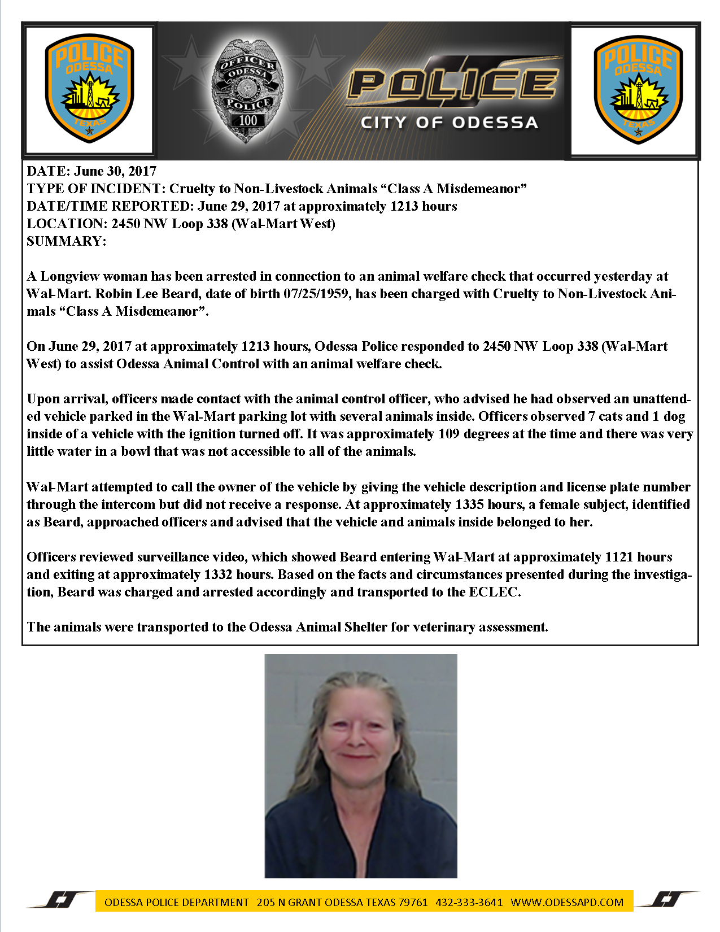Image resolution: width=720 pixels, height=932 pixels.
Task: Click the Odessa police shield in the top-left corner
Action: (89, 89)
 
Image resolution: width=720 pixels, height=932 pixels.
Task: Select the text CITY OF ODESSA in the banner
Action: (449, 123)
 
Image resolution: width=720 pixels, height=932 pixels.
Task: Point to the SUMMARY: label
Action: (67, 241)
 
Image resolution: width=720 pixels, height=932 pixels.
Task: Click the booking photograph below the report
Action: (361, 765)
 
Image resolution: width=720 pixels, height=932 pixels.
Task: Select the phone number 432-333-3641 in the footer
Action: (469, 902)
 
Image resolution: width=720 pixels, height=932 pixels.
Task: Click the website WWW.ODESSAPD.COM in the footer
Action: (567, 902)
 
